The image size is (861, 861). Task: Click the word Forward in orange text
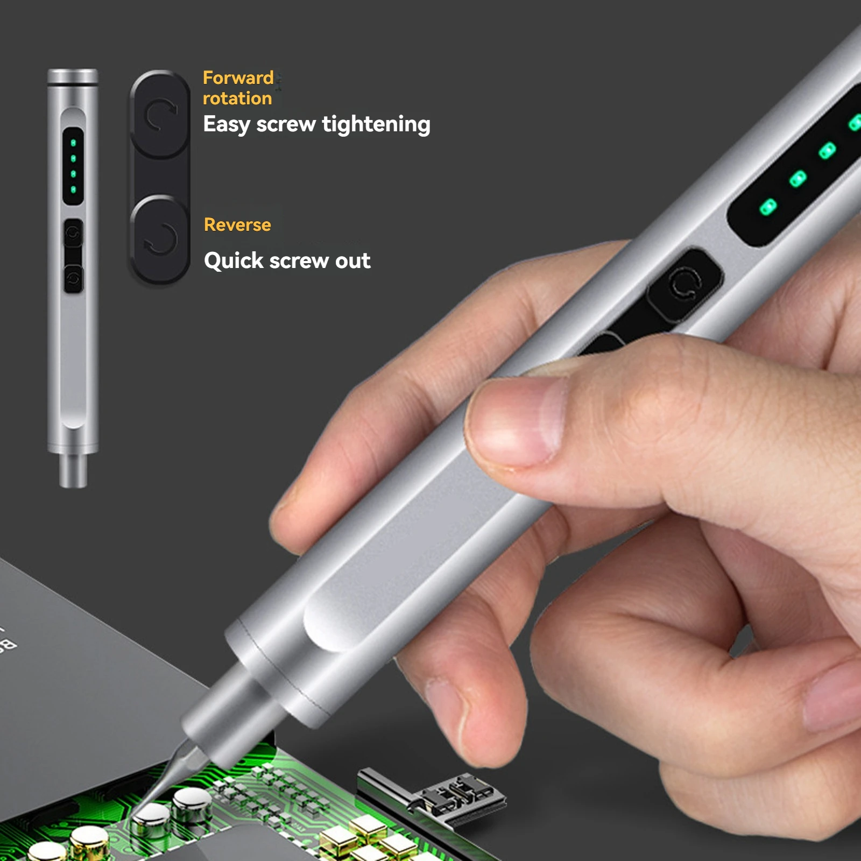[x=238, y=78]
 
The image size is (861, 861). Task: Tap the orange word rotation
[x=237, y=98]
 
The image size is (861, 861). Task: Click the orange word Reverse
[x=237, y=224]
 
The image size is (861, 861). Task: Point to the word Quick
[x=233, y=261]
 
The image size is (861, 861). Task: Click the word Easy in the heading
[x=227, y=125]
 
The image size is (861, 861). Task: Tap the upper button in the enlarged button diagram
[x=160, y=114]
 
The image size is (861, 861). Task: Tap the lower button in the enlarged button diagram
[x=160, y=238]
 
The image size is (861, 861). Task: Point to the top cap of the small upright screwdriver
[x=73, y=76]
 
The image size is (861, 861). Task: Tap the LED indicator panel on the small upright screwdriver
[x=73, y=166]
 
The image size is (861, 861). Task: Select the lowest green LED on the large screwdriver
[x=768, y=207]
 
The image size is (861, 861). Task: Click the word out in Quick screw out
[x=352, y=261]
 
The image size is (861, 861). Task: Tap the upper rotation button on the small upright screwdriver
[x=73, y=234]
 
